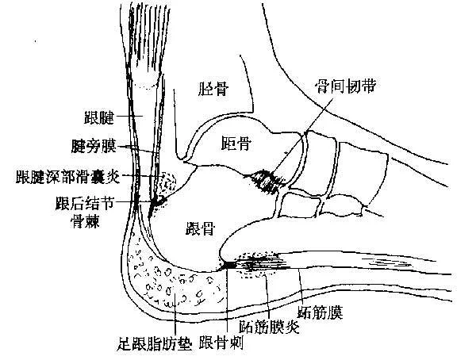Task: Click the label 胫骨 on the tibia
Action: click(x=212, y=90)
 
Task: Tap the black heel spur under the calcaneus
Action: click(x=227, y=265)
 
